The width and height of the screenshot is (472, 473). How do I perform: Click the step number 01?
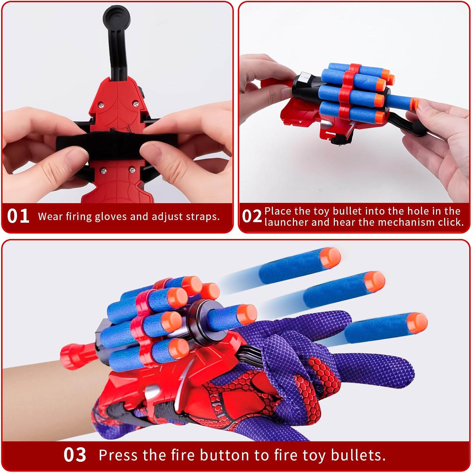[x=18, y=216]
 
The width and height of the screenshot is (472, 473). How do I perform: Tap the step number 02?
[x=252, y=216]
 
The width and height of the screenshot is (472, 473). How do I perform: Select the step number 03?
[x=75, y=455]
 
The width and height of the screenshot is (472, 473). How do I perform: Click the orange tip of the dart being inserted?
[x=416, y=104]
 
